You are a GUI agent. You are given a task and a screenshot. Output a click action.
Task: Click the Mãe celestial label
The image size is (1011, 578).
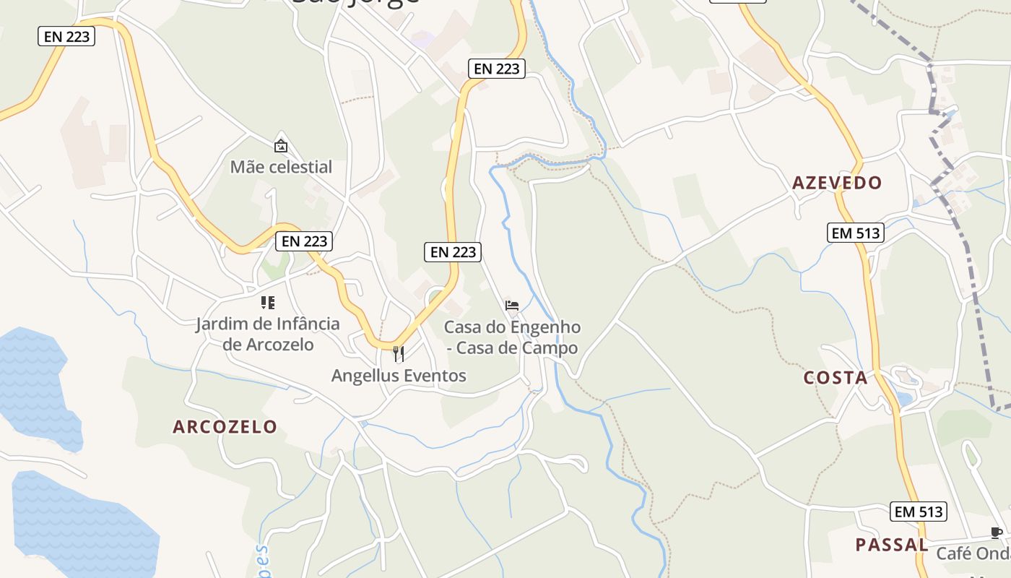coord(281,167)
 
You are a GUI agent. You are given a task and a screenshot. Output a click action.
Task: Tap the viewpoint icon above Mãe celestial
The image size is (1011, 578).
coord(281,146)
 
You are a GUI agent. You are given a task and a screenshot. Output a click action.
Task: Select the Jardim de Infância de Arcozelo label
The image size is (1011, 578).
coord(268,334)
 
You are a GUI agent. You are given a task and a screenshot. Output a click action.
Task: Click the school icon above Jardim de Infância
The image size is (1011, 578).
coord(268,303)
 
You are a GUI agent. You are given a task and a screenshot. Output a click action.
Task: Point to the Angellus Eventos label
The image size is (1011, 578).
coord(399,376)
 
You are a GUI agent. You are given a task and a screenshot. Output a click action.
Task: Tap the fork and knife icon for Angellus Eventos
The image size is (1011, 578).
coord(398,353)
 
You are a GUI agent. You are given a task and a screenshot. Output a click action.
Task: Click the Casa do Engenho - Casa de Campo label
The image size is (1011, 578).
coord(512,337)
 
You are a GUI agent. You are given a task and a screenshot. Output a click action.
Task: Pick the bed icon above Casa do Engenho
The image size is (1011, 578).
coord(512,306)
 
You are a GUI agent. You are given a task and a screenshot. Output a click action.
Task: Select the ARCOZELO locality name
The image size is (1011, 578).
coord(225,427)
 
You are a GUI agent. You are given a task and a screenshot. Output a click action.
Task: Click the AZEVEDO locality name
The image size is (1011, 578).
coord(837,183)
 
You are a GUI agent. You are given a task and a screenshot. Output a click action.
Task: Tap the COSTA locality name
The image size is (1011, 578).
coord(836,378)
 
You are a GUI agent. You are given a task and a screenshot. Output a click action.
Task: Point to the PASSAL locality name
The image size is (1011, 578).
coord(891,545)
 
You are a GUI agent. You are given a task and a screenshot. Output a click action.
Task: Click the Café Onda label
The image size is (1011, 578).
coord(973,554)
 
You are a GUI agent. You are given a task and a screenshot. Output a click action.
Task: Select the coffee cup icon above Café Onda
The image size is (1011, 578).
coord(997,533)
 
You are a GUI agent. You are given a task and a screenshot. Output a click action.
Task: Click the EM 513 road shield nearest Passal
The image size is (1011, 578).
coord(918,512)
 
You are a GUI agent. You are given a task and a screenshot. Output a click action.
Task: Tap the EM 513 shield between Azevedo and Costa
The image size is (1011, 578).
coord(856,233)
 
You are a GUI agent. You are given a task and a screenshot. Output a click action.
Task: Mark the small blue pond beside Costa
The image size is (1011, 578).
coord(903,398)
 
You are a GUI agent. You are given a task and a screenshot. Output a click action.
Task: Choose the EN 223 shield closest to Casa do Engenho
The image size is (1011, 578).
coord(454,251)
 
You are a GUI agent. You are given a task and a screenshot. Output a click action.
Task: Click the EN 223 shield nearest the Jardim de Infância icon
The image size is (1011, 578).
coord(304,241)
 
